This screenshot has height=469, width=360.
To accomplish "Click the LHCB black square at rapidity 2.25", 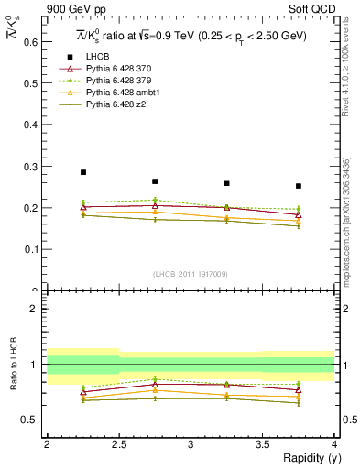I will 83,172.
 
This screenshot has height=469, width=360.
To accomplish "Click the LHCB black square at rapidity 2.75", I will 155,181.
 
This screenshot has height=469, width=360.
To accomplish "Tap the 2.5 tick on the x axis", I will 119,444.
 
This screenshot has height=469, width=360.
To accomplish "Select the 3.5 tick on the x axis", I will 263,444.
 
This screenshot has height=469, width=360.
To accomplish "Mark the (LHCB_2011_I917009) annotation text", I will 190,274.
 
